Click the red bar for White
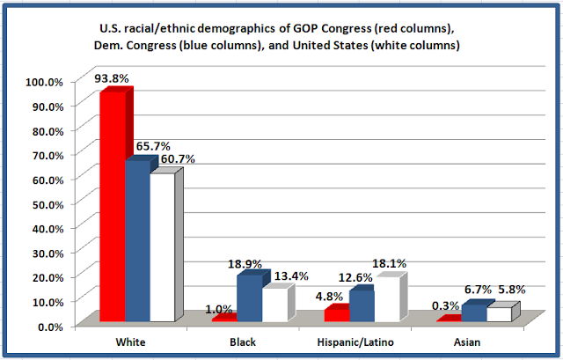click(113, 207)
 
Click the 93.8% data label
click(112, 78)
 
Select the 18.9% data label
click(245, 264)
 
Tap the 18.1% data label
click(389, 264)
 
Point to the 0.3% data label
click(446, 305)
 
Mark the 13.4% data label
click(291, 276)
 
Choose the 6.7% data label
click(478, 290)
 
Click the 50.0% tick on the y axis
click(48, 204)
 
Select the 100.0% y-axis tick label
click(44, 82)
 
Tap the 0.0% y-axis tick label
click(51, 327)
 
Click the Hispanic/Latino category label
click(355, 342)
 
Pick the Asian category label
click(467, 342)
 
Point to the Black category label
click(243, 342)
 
